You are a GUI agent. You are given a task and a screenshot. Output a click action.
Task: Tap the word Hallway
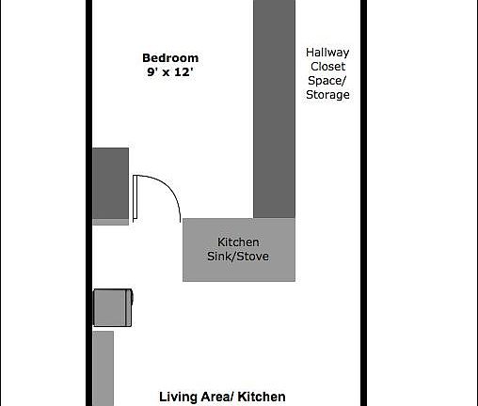327,54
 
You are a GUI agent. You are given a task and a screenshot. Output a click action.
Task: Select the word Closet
327,68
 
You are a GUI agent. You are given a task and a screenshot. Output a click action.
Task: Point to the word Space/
327,81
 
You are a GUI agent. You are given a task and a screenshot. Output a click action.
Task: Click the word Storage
327,95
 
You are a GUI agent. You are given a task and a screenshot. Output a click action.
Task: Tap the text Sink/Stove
239,257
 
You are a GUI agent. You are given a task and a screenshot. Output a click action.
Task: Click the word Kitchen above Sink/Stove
239,242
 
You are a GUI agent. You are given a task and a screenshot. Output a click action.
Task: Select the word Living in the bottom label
178,398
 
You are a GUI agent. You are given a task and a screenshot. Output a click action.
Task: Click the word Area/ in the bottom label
218,398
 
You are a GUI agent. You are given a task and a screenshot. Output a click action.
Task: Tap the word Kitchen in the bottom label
262,398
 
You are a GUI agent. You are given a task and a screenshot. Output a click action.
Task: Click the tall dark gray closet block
274,108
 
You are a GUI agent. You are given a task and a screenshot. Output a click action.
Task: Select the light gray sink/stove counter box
239,250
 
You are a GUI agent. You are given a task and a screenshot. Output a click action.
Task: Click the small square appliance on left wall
113,306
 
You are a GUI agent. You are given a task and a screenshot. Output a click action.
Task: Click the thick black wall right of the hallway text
361,141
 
